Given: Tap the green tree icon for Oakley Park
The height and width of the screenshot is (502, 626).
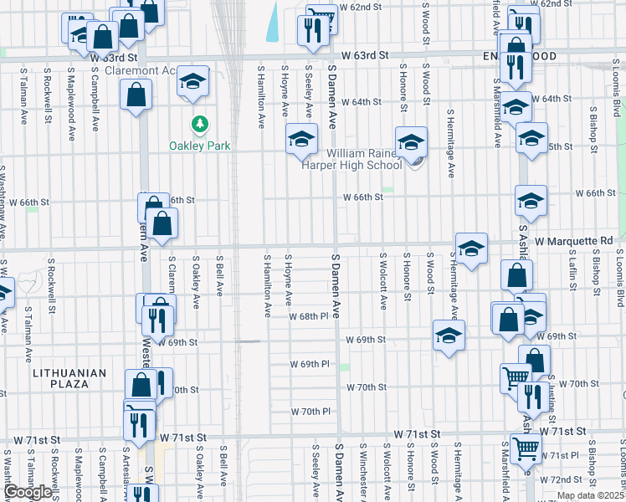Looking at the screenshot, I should point(199,125).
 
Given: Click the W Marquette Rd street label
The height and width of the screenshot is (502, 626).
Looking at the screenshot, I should point(573,241).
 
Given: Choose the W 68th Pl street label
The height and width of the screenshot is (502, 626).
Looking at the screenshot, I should point(310,316).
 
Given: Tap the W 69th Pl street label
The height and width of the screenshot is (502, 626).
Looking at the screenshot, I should point(310,364).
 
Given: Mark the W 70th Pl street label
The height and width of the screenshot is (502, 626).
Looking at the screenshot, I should point(311,412).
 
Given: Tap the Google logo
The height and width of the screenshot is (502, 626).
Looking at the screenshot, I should point(28,492).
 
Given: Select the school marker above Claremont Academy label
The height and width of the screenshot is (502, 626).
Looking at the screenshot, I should point(193,81).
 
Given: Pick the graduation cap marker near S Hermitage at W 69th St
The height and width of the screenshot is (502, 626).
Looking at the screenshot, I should point(449,336).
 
